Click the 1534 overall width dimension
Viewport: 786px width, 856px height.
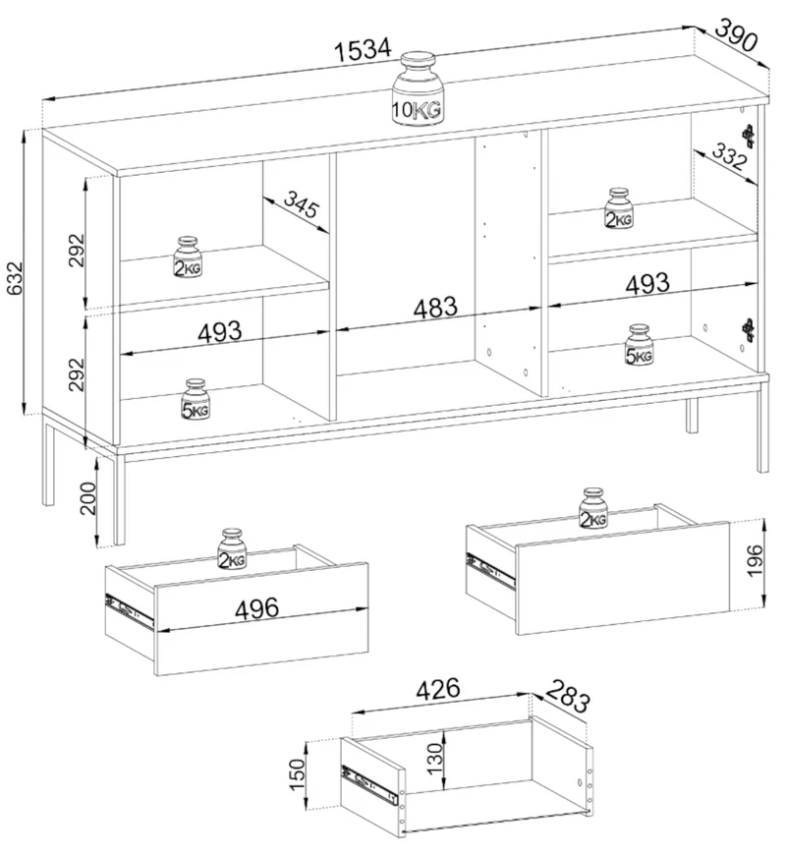tap(363, 50)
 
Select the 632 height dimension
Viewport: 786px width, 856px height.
tap(15, 278)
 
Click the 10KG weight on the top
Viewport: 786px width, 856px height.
tap(418, 90)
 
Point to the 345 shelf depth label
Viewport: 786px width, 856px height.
tap(301, 204)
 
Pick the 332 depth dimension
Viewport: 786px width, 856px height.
tap(729, 156)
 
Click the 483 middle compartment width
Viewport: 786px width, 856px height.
tap(435, 308)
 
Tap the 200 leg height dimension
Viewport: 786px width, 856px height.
tap(87, 498)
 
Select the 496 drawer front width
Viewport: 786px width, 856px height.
tap(256, 608)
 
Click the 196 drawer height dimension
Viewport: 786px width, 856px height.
tap(754, 560)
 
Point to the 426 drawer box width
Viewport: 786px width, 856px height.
tap(438, 690)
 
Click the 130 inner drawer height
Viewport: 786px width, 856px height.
tap(435, 759)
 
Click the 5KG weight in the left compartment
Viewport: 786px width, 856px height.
tap(196, 400)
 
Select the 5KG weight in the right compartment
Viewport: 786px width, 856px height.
tap(639, 345)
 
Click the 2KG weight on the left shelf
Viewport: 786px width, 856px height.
tap(188, 257)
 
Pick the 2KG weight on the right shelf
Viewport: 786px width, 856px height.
tap(618, 208)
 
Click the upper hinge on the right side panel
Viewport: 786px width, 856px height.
tap(748, 136)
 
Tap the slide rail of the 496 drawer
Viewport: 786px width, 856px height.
tap(129, 609)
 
